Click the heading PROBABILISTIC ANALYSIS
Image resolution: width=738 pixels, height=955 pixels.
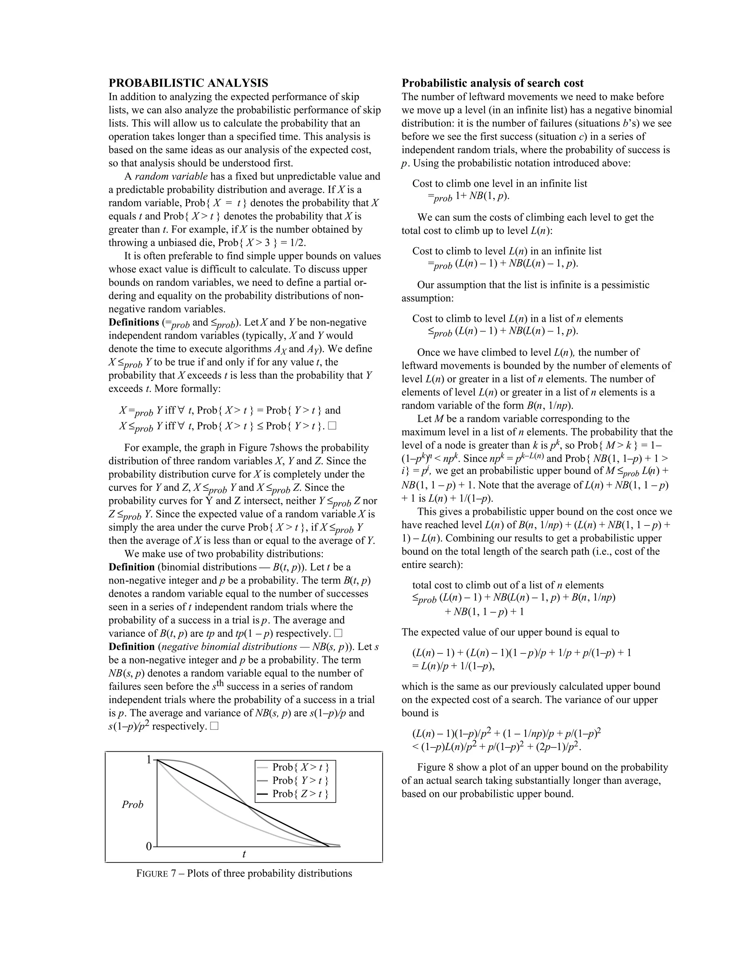point(188,83)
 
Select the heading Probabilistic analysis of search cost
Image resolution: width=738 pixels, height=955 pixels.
point(492,83)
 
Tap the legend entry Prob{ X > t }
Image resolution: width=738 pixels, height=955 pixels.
point(301,767)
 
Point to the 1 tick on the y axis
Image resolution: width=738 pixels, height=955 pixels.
point(149,760)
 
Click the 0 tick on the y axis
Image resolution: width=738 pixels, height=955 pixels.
point(149,847)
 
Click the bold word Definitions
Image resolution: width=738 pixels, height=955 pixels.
point(133,322)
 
